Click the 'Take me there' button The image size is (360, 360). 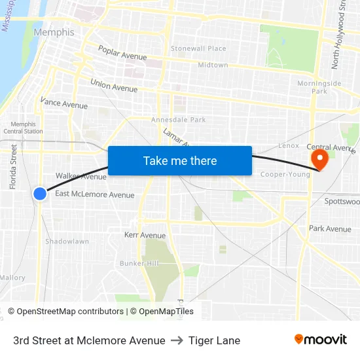[180, 161]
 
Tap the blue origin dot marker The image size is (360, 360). [40, 193]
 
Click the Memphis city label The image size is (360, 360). [54, 32]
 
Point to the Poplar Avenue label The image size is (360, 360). [122, 52]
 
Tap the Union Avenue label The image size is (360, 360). [114, 86]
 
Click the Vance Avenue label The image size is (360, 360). [63, 103]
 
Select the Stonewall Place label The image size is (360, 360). [198, 48]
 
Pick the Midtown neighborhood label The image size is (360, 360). [213, 65]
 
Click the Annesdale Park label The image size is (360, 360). [178, 120]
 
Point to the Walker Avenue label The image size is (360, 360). [81, 176]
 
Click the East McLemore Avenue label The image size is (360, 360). [94, 194]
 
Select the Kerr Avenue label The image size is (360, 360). [145, 235]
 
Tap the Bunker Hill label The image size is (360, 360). [139, 263]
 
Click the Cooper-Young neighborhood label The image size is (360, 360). [285, 174]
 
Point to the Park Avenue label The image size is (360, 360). [330, 228]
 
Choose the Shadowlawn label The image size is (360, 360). [67, 242]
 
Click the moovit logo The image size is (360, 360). [320, 340]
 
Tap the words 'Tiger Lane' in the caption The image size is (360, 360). [214, 340]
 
